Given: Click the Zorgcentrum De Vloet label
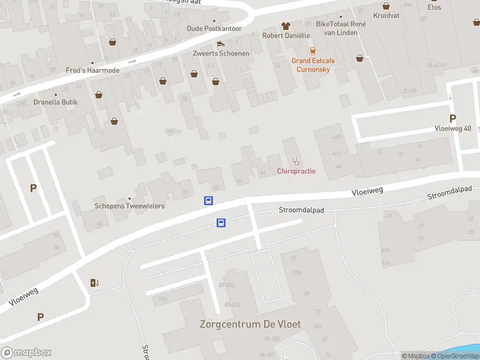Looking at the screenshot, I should [x=250, y=324].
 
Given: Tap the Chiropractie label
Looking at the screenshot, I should [x=296, y=172].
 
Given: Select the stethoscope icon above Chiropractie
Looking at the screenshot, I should [x=296, y=161].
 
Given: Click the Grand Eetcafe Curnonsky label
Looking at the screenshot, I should [x=313, y=65].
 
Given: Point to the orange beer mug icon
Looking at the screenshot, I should [x=312, y=51].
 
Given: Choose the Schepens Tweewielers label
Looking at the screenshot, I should [x=130, y=206].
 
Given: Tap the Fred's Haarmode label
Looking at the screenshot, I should [x=92, y=70].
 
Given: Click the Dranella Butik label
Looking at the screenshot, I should [x=56, y=102].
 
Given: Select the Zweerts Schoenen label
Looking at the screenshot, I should [x=221, y=53].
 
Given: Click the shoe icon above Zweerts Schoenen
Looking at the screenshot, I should [x=221, y=43].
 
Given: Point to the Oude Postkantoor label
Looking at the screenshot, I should [x=214, y=28].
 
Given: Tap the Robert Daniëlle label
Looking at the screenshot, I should [x=286, y=35].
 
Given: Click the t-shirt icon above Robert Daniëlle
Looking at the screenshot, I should [x=286, y=26].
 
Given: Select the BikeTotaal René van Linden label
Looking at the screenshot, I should [x=341, y=28].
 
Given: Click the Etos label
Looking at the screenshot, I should [x=434, y=7].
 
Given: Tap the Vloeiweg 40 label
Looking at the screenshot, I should [x=453, y=128].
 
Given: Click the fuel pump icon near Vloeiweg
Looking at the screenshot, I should [x=94, y=283].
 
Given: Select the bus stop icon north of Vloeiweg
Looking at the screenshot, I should [x=209, y=201].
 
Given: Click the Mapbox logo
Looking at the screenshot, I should [x=26, y=352].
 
